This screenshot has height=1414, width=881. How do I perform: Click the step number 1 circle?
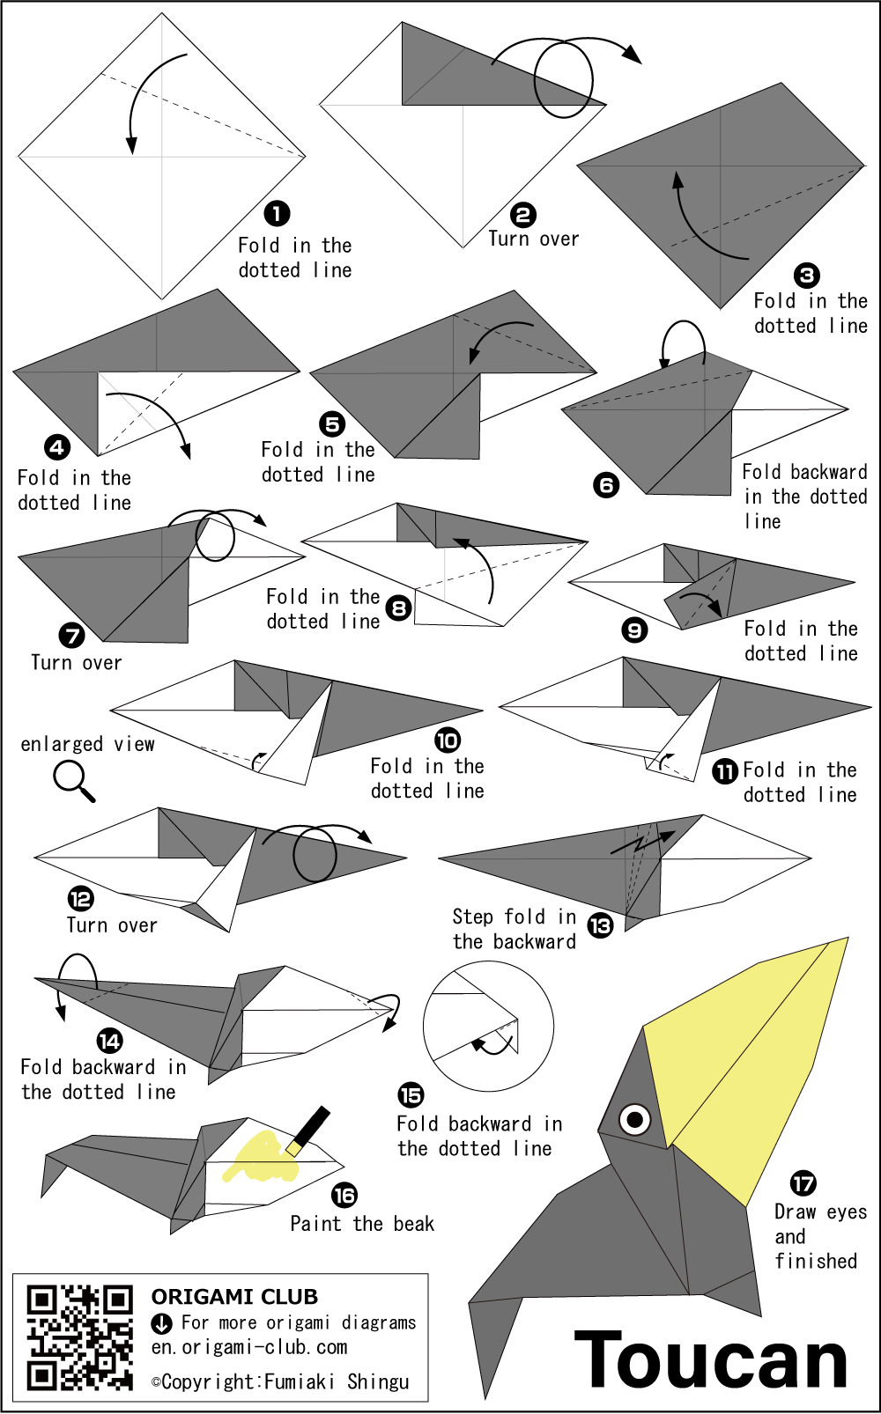pos(277,213)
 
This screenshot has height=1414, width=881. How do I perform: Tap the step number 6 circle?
pos(606,485)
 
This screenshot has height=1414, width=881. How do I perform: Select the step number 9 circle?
pos(634,630)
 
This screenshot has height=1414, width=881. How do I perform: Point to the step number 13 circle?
pos(600,925)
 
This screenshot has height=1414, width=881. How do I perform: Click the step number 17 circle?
pos(803,1183)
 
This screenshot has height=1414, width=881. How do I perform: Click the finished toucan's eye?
pos(634,1120)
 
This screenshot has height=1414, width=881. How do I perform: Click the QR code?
pos(79,1337)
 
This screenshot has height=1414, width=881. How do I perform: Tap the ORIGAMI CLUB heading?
pos(234,1297)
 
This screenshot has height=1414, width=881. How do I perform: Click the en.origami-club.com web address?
pos(249,1347)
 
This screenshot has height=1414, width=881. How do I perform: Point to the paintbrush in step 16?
pos(307,1129)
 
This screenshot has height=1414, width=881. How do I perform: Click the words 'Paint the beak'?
pos(362,1224)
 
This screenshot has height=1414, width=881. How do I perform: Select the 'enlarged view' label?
pos(88,744)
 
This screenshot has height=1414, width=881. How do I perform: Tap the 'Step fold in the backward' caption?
pos(515,929)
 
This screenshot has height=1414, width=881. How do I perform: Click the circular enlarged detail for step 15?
pos(488,1027)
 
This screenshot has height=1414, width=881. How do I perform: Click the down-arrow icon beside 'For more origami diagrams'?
pos(161,1322)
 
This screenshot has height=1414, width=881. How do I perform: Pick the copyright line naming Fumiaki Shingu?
pos(280,1382)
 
